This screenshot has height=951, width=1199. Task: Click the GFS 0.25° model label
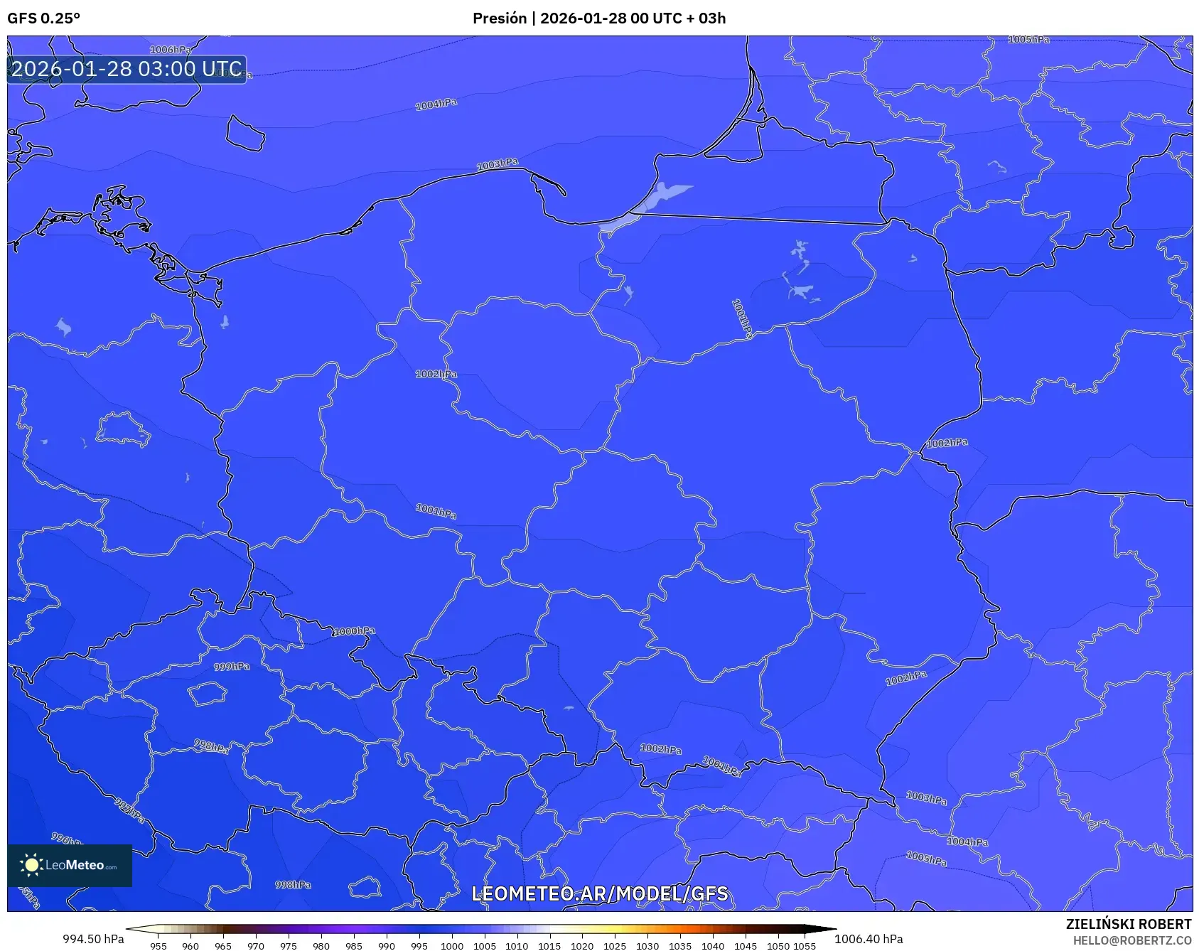coord(43,18)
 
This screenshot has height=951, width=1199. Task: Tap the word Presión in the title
coord(500,18)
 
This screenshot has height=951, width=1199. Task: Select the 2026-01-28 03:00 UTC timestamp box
coord(127,70)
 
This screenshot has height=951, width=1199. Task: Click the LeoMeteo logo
coord(70,865)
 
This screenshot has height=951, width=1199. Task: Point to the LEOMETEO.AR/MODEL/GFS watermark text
coord(599,893)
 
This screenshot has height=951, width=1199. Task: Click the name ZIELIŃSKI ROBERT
coord(1128,924)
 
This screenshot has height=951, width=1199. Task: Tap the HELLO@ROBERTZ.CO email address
coord(1131,940)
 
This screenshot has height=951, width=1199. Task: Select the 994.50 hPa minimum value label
coord(93,939)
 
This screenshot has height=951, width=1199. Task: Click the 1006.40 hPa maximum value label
coord(869,939)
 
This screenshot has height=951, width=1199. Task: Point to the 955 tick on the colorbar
coord(158,946)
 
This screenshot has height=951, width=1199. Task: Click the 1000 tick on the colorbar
coord(452,946)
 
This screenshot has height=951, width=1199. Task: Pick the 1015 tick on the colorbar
coord(549,946)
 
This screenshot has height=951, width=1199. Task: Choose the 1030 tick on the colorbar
coord(647,946)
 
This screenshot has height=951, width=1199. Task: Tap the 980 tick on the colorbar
coord(321,946)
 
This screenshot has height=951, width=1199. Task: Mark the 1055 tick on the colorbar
coord(805,946)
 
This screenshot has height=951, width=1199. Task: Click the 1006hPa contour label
coord(171,50)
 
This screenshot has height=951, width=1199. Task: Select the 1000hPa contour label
coord(354,631)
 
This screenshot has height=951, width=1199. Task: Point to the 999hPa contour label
coord(232,667)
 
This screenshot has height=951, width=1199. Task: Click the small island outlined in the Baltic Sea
coord(245,133)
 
